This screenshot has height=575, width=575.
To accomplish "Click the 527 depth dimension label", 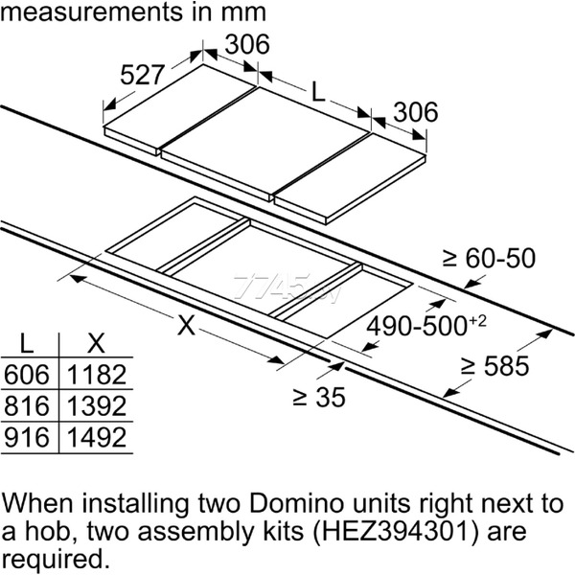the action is [x=142, y=75].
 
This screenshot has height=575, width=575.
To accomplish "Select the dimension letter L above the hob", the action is [x=318, y=92].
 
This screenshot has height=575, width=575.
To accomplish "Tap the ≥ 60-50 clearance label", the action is [x=489, y=258].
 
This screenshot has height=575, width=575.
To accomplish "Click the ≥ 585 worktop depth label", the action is [x=494, y=366].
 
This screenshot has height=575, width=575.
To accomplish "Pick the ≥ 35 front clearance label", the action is [x=319, y=397].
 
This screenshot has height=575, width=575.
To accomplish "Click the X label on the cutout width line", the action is [x=186, y=325].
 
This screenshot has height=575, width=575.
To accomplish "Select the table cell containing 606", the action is [x=27, y=375].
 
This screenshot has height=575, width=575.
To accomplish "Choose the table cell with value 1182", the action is [x=97, y=375].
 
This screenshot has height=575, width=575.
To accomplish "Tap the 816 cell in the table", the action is [x=27, y=406].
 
